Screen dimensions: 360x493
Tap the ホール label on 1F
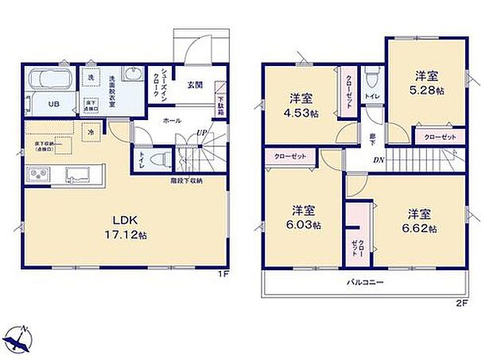171,121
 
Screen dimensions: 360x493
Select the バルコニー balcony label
366,281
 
